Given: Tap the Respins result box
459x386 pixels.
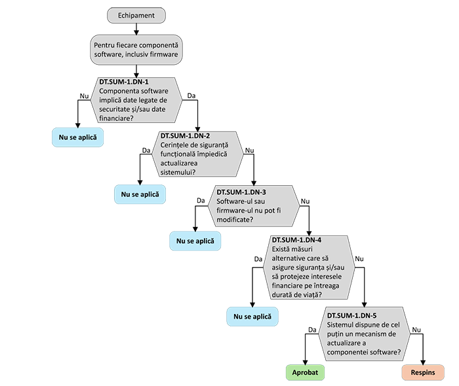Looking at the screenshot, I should tap(422, 372).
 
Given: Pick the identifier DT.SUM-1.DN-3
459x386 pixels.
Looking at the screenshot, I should tap(241, 191).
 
